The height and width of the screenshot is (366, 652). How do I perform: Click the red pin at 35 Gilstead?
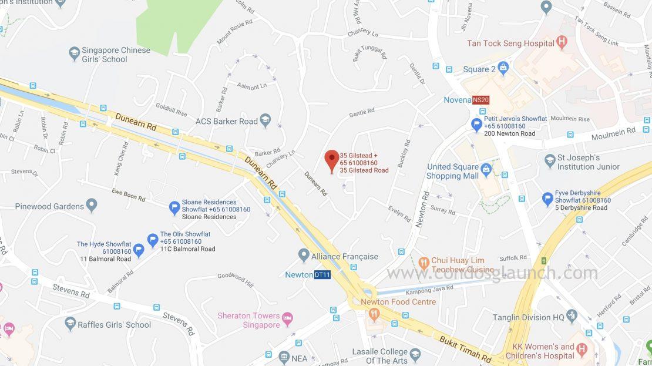coord(332,159)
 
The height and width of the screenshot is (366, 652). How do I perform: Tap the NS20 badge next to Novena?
coord(480,100)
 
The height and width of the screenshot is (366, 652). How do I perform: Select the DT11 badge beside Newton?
coord(322,274)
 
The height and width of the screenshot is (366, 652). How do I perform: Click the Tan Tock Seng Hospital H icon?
coord(562,42)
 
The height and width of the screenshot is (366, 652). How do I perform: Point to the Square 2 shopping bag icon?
coord(503,69)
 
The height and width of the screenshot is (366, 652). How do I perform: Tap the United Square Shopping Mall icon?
coord(486,171)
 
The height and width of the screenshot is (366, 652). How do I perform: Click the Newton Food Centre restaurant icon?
coord(374,314)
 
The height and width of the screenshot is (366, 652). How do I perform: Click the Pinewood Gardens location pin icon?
coord(91,206)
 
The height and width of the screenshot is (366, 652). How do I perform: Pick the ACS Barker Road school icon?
coord(265,121)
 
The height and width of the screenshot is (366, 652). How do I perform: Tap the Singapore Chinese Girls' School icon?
coord(74,54)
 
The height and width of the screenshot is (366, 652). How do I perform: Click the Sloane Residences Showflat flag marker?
coord(174,208)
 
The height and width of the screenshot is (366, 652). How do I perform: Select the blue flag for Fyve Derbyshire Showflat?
coord(547,199)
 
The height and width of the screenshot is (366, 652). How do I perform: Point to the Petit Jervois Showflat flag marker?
coord(477,125)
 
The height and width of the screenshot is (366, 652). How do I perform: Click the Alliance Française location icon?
coord(304,256)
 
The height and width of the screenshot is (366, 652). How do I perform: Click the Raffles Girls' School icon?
coord(70,324)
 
